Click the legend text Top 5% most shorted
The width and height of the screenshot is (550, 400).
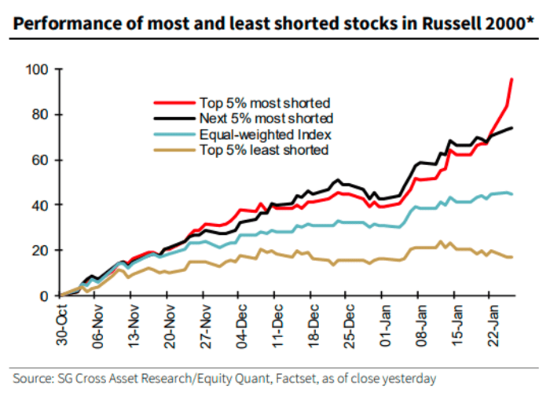263,102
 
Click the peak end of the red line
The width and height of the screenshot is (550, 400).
513,79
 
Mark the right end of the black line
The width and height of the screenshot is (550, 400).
513,128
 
